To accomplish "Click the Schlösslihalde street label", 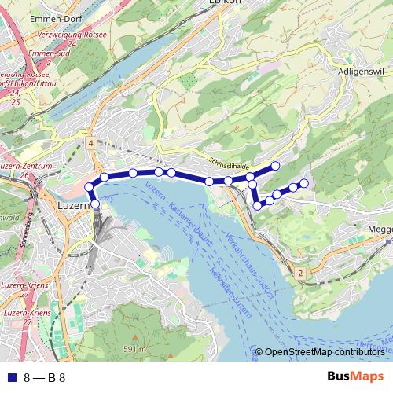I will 230,162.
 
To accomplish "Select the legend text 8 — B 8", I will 45,376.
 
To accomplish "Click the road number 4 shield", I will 91,143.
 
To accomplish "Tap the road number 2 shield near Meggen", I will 300,272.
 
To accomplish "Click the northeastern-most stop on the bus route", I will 276,165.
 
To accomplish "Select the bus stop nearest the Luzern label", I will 95,204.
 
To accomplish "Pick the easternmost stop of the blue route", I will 304,183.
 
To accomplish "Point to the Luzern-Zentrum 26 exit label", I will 26,170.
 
